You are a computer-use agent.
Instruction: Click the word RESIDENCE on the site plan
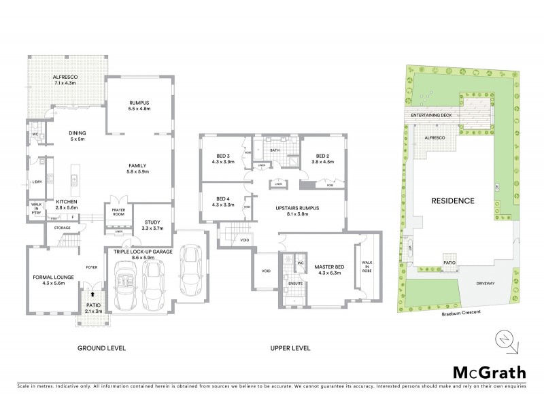point(452,201)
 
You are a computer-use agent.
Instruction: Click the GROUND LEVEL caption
point(101,347)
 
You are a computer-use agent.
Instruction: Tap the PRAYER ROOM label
point(118,212)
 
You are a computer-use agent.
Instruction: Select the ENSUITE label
point(294,283)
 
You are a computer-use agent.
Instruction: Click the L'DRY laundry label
point(37,182)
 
